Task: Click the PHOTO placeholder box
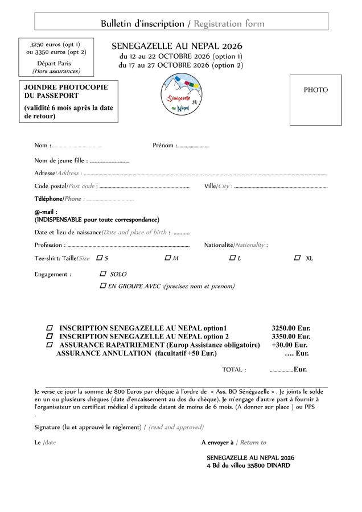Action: pyautogui.click(x=315, y=100)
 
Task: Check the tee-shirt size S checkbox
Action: pyautogui.click(x=100, y=258)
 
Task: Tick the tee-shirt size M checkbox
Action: pyautogui.click(x=168, y=258)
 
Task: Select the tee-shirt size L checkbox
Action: pyautogui.click(x=232, y=258)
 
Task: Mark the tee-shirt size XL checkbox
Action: pyautogui.click(x=297, y=258)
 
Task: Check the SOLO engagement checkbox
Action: pyautogui.click(x=103, y=274)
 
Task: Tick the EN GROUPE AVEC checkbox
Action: pyautogui.click(x=103, y=286)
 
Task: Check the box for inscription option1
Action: pyautogui.click(x=50, y=328)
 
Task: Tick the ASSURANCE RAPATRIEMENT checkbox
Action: pyautogui.click(x=50, y=345)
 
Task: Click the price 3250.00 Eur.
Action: pyautogui.click(x=291, y=328)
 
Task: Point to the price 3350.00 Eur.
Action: pyautogui.click(x=291, y=336)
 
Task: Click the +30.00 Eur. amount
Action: pyautogui.click(x=290, y=345)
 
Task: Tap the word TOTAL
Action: pyautogui.click(x=234, y=370)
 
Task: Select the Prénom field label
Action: pyautogui.click(x=164, y=146)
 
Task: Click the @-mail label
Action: pyautogui.click(x=46, y=212)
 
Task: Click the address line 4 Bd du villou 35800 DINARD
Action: pyautogui.click(x=248, y=465)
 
